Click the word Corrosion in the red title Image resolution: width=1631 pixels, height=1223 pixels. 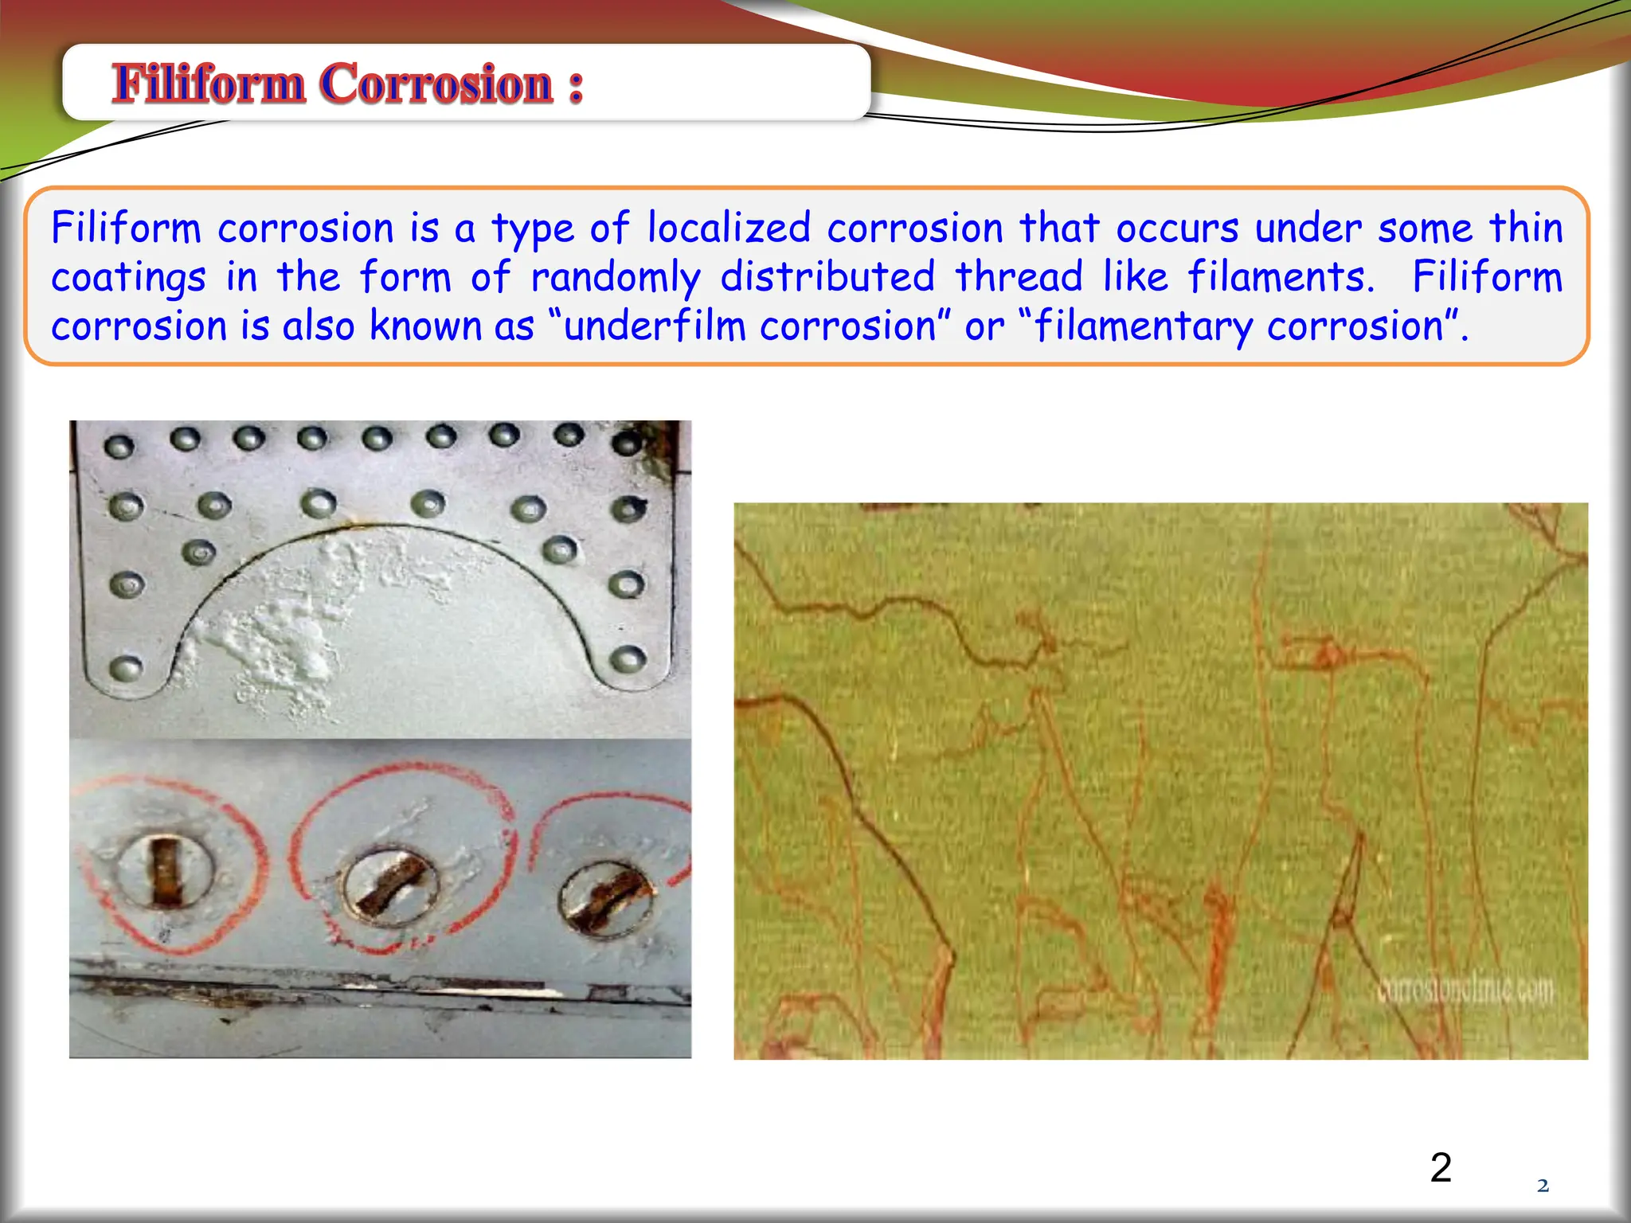tap(436, 84)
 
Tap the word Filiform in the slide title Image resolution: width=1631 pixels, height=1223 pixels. tap(209, 84)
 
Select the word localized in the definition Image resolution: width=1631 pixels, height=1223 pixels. tap(729, 229)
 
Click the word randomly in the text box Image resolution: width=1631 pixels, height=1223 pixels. tap(615, 278)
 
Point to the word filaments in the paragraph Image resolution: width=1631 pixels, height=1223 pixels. tap(1281, 277)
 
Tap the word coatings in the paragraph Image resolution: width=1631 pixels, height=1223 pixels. tap(128, 279)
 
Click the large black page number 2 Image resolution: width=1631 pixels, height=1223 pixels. tap(1441, 1167)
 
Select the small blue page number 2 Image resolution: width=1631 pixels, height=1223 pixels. tap(1543, 1186)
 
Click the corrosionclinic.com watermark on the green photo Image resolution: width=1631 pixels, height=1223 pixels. tap(1465, 991)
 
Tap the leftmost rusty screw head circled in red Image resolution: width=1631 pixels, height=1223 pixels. tap(166, 872)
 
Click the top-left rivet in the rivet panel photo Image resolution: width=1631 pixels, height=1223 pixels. tap(119, 447)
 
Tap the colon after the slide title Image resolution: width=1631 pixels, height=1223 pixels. tap(576, 86)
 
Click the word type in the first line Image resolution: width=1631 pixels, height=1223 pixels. tap(532, 229)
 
